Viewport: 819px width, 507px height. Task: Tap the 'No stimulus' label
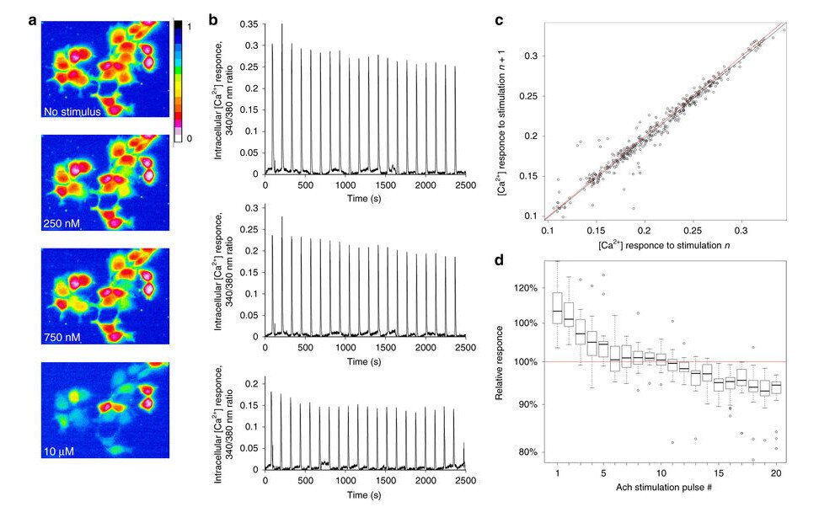[x=72, y=109]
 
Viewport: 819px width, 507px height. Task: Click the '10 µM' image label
[x=59, y=451]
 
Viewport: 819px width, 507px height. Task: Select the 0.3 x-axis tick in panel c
[x=741, y=229]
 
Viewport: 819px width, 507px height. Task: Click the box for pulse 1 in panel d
[x=557, y=313]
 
